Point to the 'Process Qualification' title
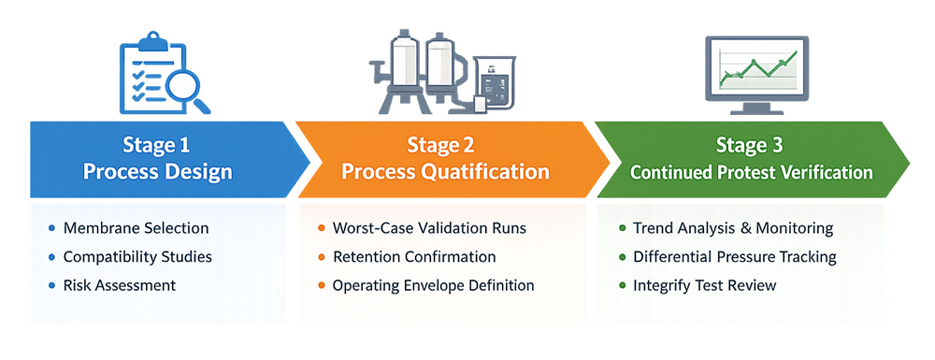pos(445,172)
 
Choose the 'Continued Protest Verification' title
pos(752,172)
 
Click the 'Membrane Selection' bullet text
pos(136,228)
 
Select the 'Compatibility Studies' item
pos(137,256)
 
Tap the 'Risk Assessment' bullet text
pos(119,285)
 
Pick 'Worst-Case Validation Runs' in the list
pos(429,228)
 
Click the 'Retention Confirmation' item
pos(414,256)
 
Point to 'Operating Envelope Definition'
pos(433,285)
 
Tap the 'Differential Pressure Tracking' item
pos(734,256)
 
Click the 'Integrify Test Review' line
pos(704,285)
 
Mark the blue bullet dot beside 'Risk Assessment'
pos(50,285)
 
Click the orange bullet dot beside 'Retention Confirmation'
pos(321,256)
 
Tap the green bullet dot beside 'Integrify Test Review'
pos(622,285)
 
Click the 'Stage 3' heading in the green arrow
pos(752,145)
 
